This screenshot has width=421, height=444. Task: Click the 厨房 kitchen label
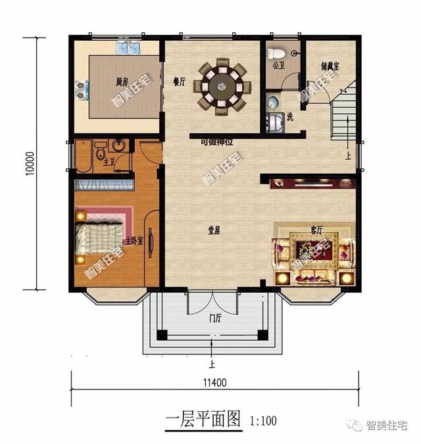pos(121,82)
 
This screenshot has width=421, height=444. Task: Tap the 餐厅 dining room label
pos(177,82)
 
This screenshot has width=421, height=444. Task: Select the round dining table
pos(222,85)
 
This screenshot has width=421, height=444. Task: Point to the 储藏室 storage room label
pos(330,66)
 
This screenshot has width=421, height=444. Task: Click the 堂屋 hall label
pos(213,231)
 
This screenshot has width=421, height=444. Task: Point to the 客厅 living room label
pos(316,230)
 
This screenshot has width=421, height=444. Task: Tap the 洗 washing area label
pos(289,117)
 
